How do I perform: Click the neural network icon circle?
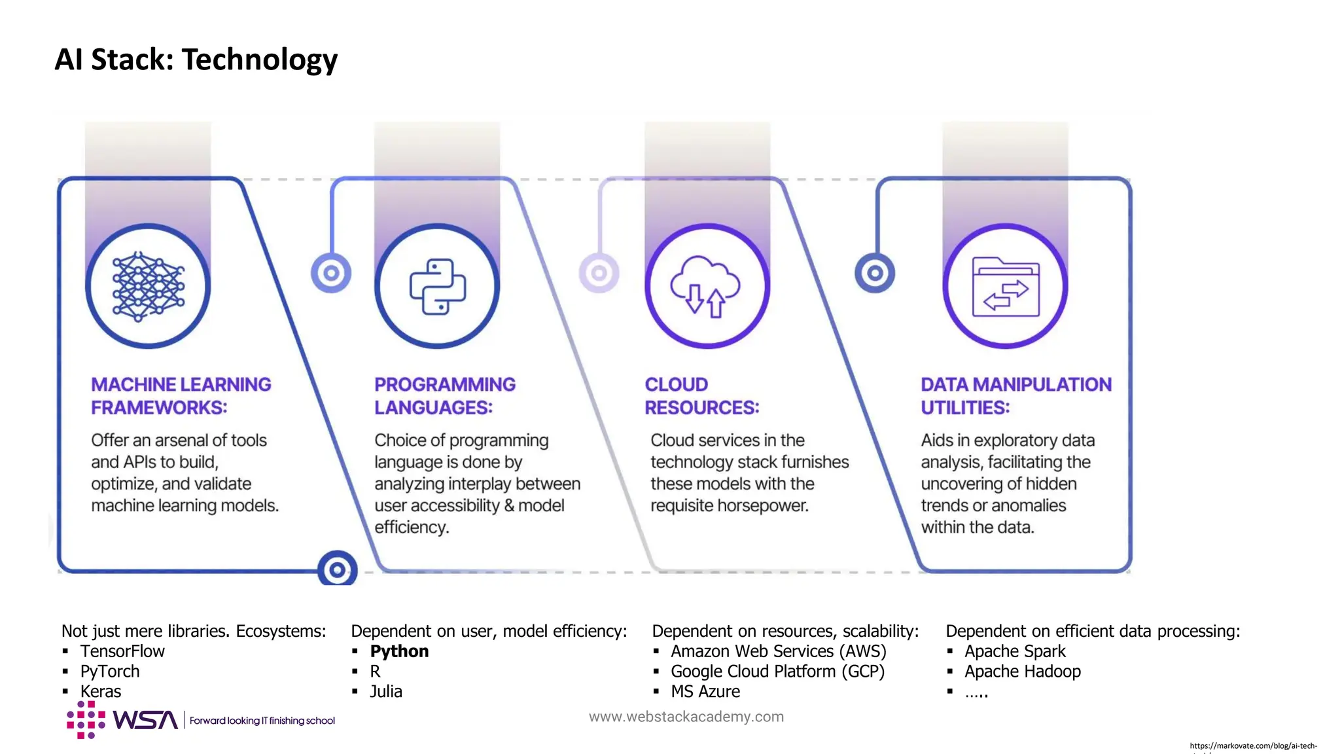148,286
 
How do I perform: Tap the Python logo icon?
437,286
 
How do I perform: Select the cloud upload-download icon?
707,286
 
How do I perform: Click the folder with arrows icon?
1005,286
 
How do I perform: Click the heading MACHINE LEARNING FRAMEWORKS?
181,395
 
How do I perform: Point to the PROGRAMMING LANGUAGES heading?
444,395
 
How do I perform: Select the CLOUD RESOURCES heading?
701,395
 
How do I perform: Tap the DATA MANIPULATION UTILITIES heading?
1015,395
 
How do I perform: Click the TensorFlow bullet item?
122,651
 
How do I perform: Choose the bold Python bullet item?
399,651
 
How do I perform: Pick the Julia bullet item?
386,691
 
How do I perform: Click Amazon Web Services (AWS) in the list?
778,651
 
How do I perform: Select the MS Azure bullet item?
705,691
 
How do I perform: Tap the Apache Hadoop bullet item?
1022,672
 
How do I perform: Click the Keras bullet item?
101,691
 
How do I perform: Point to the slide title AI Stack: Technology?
196,60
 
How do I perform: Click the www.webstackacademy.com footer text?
686,717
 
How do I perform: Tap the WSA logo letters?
145,720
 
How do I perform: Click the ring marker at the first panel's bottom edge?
337,570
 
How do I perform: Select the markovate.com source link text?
1252,745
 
